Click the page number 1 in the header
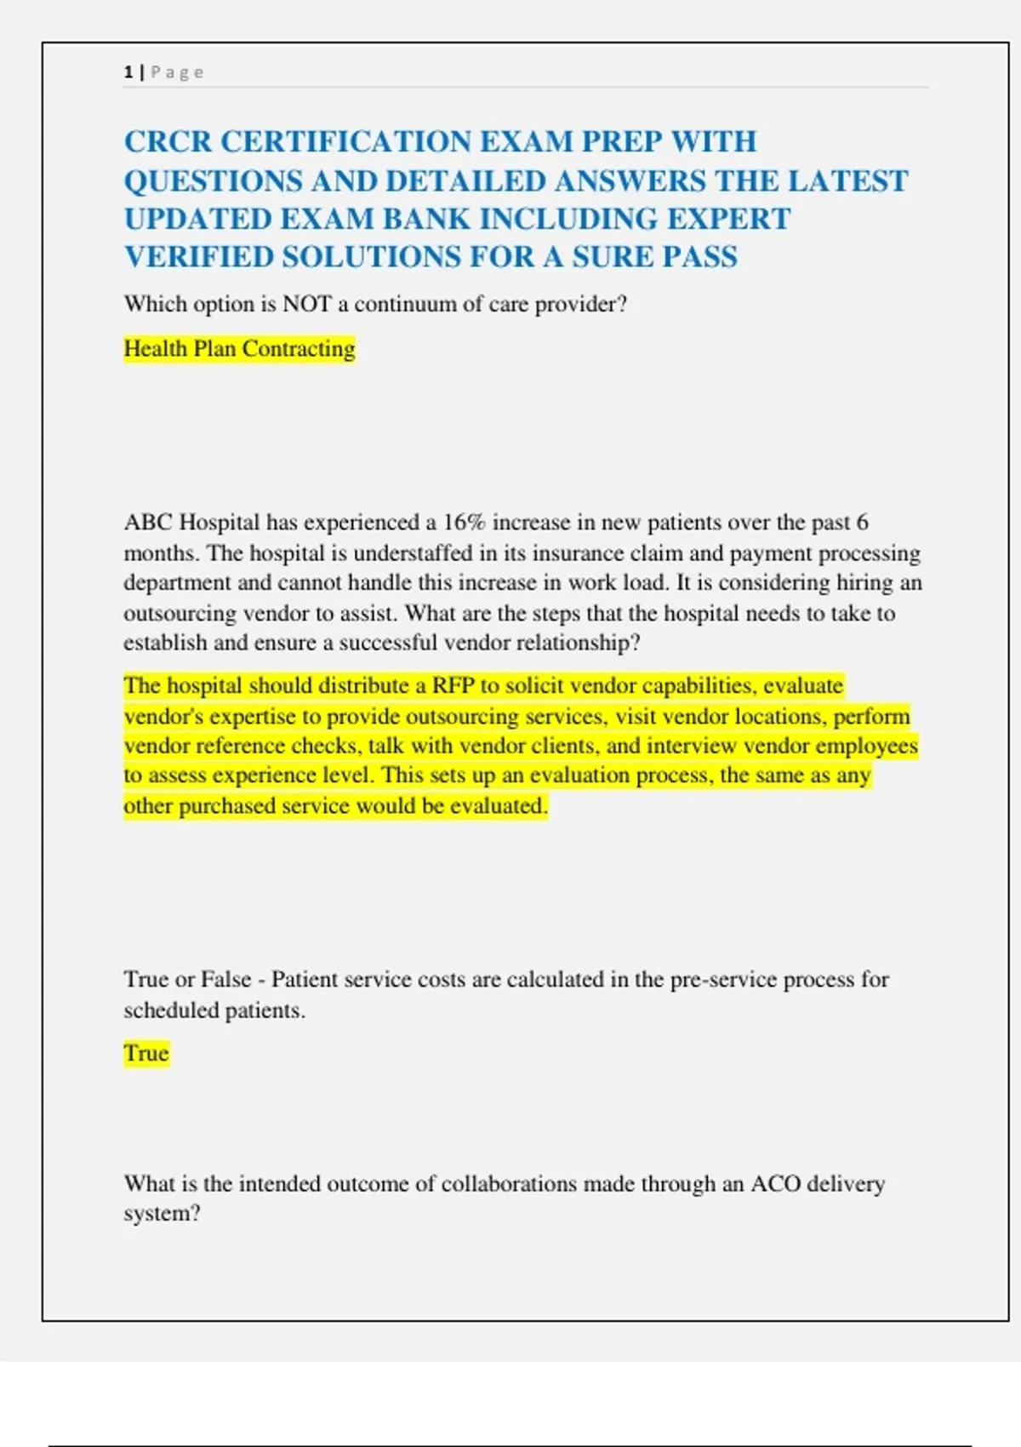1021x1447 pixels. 128,72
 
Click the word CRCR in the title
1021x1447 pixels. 167,141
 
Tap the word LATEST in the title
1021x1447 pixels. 847,180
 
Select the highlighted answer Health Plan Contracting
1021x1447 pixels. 239,349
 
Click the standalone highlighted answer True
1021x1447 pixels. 146,1054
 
